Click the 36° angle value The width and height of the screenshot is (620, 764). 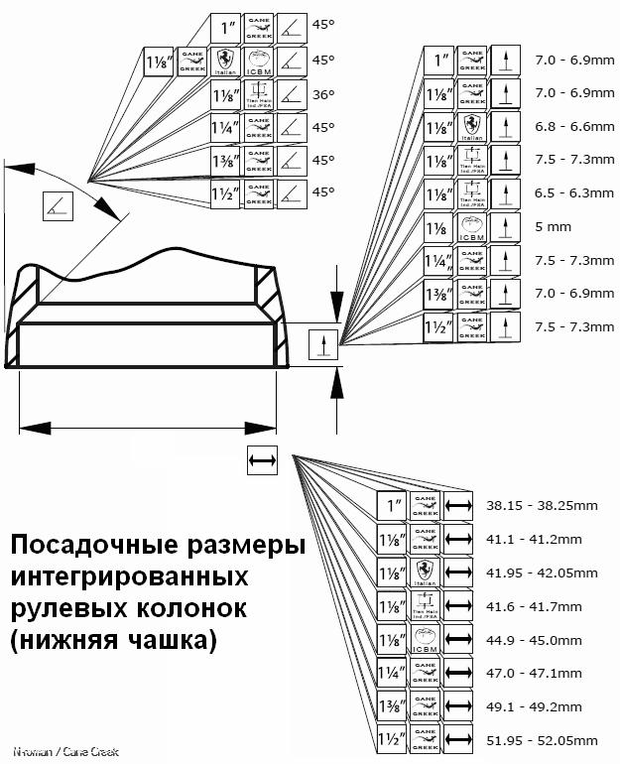tap(323, 94)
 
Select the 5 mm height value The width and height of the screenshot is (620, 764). tap(553, 227)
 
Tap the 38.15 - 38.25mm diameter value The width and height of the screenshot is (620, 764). tap(542, 506)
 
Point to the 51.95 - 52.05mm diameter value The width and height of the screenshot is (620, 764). tap(542, 741)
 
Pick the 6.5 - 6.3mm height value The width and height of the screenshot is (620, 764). tap(574, 192)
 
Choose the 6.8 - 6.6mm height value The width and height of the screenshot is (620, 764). tap(574, 126)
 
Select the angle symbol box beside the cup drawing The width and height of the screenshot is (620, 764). tap(59, 205)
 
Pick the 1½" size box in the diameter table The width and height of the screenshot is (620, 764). tap(392, 741)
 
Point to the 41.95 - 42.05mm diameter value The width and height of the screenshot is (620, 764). tap(542, 573)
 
